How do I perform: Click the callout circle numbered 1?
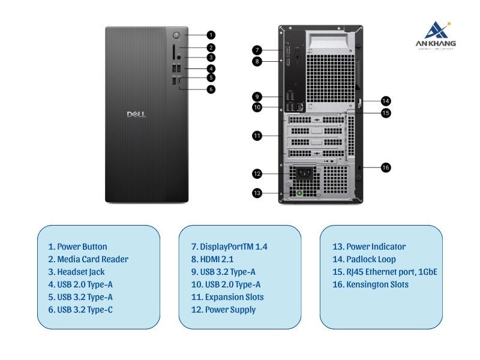click(211, 35)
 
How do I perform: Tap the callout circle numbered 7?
click(256, 50)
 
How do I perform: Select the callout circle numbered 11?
click(256, 136)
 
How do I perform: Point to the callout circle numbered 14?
click(386, 101)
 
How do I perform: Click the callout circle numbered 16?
click(386, 167)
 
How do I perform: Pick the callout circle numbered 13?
click(257, 193)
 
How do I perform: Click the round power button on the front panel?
click(176, 34)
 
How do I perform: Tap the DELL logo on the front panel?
click(136, 114)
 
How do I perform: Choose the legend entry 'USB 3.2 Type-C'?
click(80, 310)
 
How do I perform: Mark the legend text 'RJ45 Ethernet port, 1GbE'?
click(385, 272)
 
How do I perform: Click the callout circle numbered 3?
click(211, 58)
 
